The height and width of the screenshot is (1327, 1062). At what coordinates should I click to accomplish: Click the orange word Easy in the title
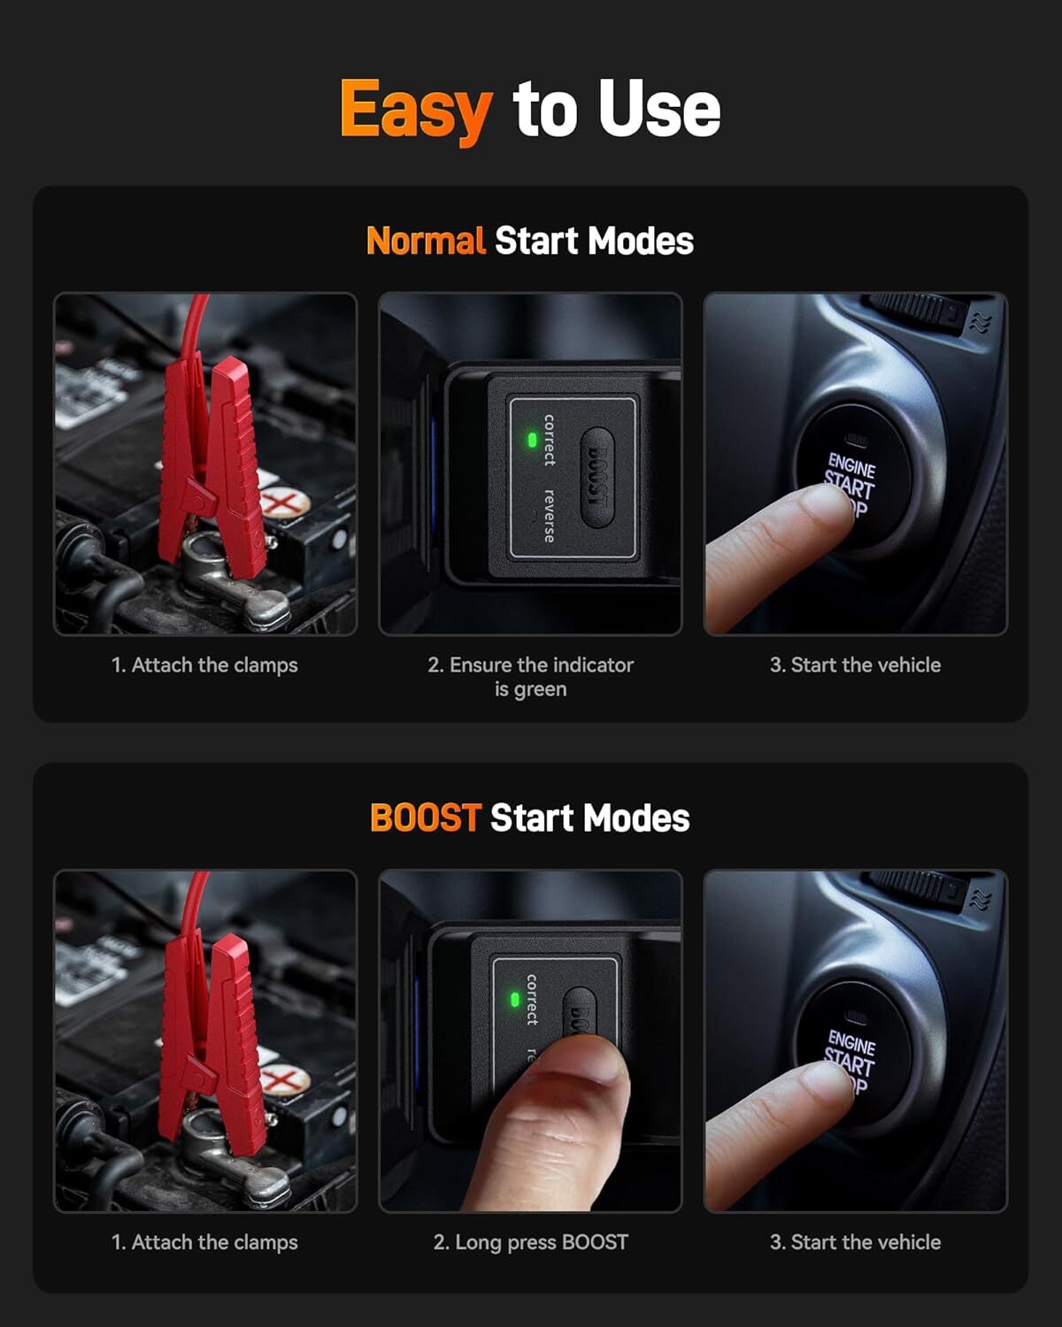[414, 109]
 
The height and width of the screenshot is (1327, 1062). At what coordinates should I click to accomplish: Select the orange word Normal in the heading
[426, 241]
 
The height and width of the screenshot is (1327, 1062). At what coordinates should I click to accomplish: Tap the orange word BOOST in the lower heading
[425, 817]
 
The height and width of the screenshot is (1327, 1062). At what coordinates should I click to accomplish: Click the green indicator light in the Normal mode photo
[532, 439]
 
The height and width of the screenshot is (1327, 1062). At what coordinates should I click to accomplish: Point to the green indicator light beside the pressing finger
[514, 1000]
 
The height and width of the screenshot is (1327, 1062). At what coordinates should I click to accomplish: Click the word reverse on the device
[550, 515]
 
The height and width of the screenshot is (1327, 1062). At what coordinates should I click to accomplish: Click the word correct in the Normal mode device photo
[550, 440]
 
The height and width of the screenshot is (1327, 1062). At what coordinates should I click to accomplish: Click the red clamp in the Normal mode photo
[212, 460]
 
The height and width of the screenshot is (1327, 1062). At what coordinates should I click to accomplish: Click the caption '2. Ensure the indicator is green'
[530, 677]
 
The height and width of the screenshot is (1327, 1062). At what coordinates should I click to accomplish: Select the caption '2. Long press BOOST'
[530, 1242]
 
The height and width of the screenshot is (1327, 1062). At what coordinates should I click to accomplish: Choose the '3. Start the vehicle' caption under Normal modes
[855, 665]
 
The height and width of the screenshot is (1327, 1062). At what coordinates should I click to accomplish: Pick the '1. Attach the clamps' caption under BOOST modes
[204, 1242]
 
